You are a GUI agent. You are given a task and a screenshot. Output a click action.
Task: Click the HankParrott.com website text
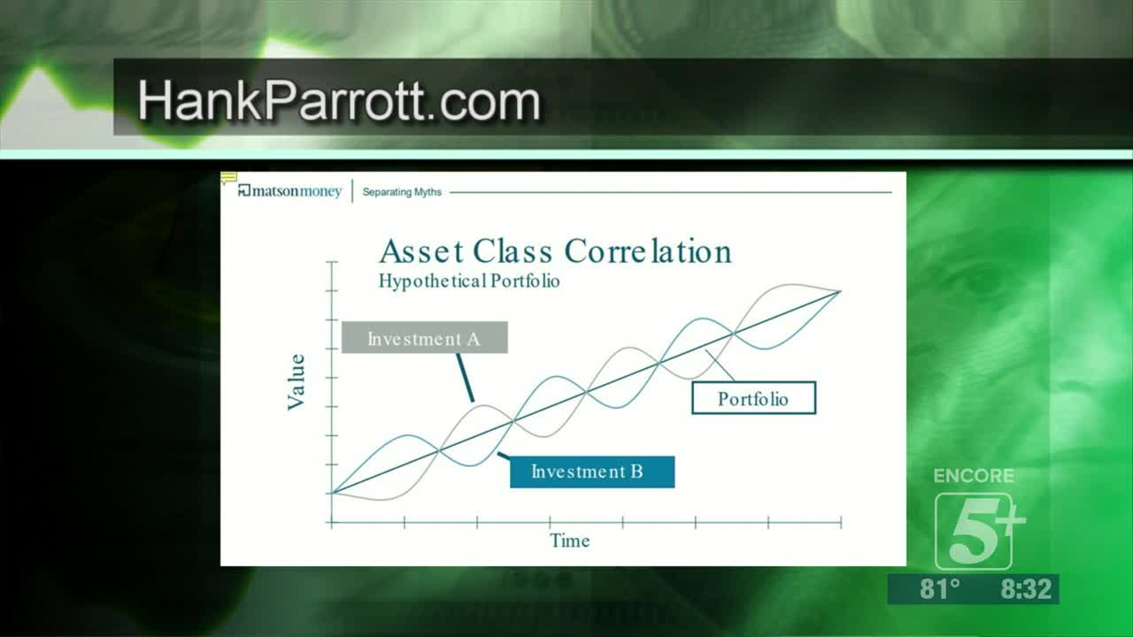[339, 101]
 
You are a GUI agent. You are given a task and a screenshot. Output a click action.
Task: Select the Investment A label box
[425, 337]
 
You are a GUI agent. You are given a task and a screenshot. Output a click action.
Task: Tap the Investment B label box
[592, 472]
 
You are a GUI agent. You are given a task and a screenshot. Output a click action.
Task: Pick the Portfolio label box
[753, 398]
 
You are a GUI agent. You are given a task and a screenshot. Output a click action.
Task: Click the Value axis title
[297, 381]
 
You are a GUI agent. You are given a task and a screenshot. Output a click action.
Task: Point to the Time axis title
[569, 541]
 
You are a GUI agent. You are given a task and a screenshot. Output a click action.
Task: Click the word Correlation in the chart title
[648, 251]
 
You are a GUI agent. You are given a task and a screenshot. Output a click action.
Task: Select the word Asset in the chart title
[421, 251]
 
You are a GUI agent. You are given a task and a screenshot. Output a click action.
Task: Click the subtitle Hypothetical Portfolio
[469, 281]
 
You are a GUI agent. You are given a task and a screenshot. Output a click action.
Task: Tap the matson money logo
[289, 191]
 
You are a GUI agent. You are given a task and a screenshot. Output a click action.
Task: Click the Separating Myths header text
[402, 192]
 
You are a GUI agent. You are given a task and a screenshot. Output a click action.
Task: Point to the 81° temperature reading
[940, 589]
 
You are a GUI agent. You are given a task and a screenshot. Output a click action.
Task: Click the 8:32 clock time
[1026, 589]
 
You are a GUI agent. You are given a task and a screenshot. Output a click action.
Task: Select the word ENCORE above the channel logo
[974, 476]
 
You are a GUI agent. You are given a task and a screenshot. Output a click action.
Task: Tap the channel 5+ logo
[979, 532]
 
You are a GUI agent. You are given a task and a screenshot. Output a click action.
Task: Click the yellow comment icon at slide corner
[228, 178]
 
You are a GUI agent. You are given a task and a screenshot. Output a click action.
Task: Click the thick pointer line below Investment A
[466, 378]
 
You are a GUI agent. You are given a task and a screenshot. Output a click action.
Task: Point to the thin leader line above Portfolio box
[720, 365]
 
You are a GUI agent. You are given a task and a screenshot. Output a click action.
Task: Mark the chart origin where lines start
[332, 493]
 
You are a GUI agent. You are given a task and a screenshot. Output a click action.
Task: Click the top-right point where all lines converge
[841, 291]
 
